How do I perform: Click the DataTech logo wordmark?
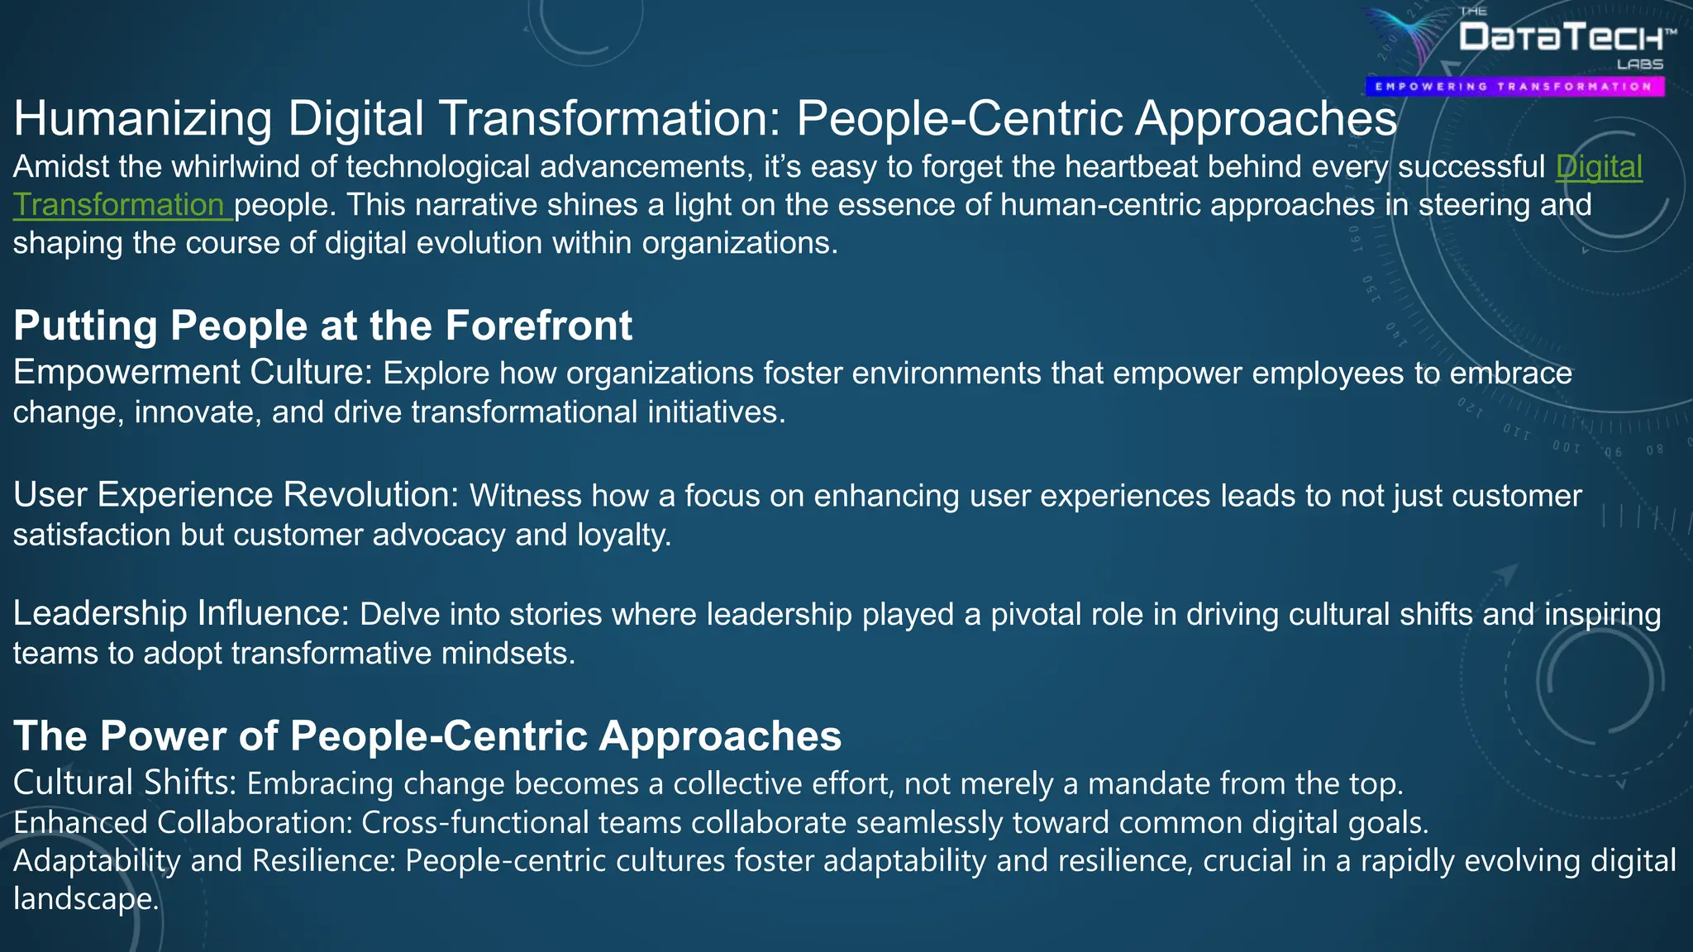tap(1562, 38)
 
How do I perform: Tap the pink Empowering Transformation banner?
tap(1514, 87)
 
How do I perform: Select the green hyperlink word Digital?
tap(1599, 167)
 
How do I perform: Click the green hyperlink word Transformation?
tap(119, 205)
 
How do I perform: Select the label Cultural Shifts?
tap(125, 783)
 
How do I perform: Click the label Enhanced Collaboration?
tap(183, 822)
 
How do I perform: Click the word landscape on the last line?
tap(85, 899)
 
